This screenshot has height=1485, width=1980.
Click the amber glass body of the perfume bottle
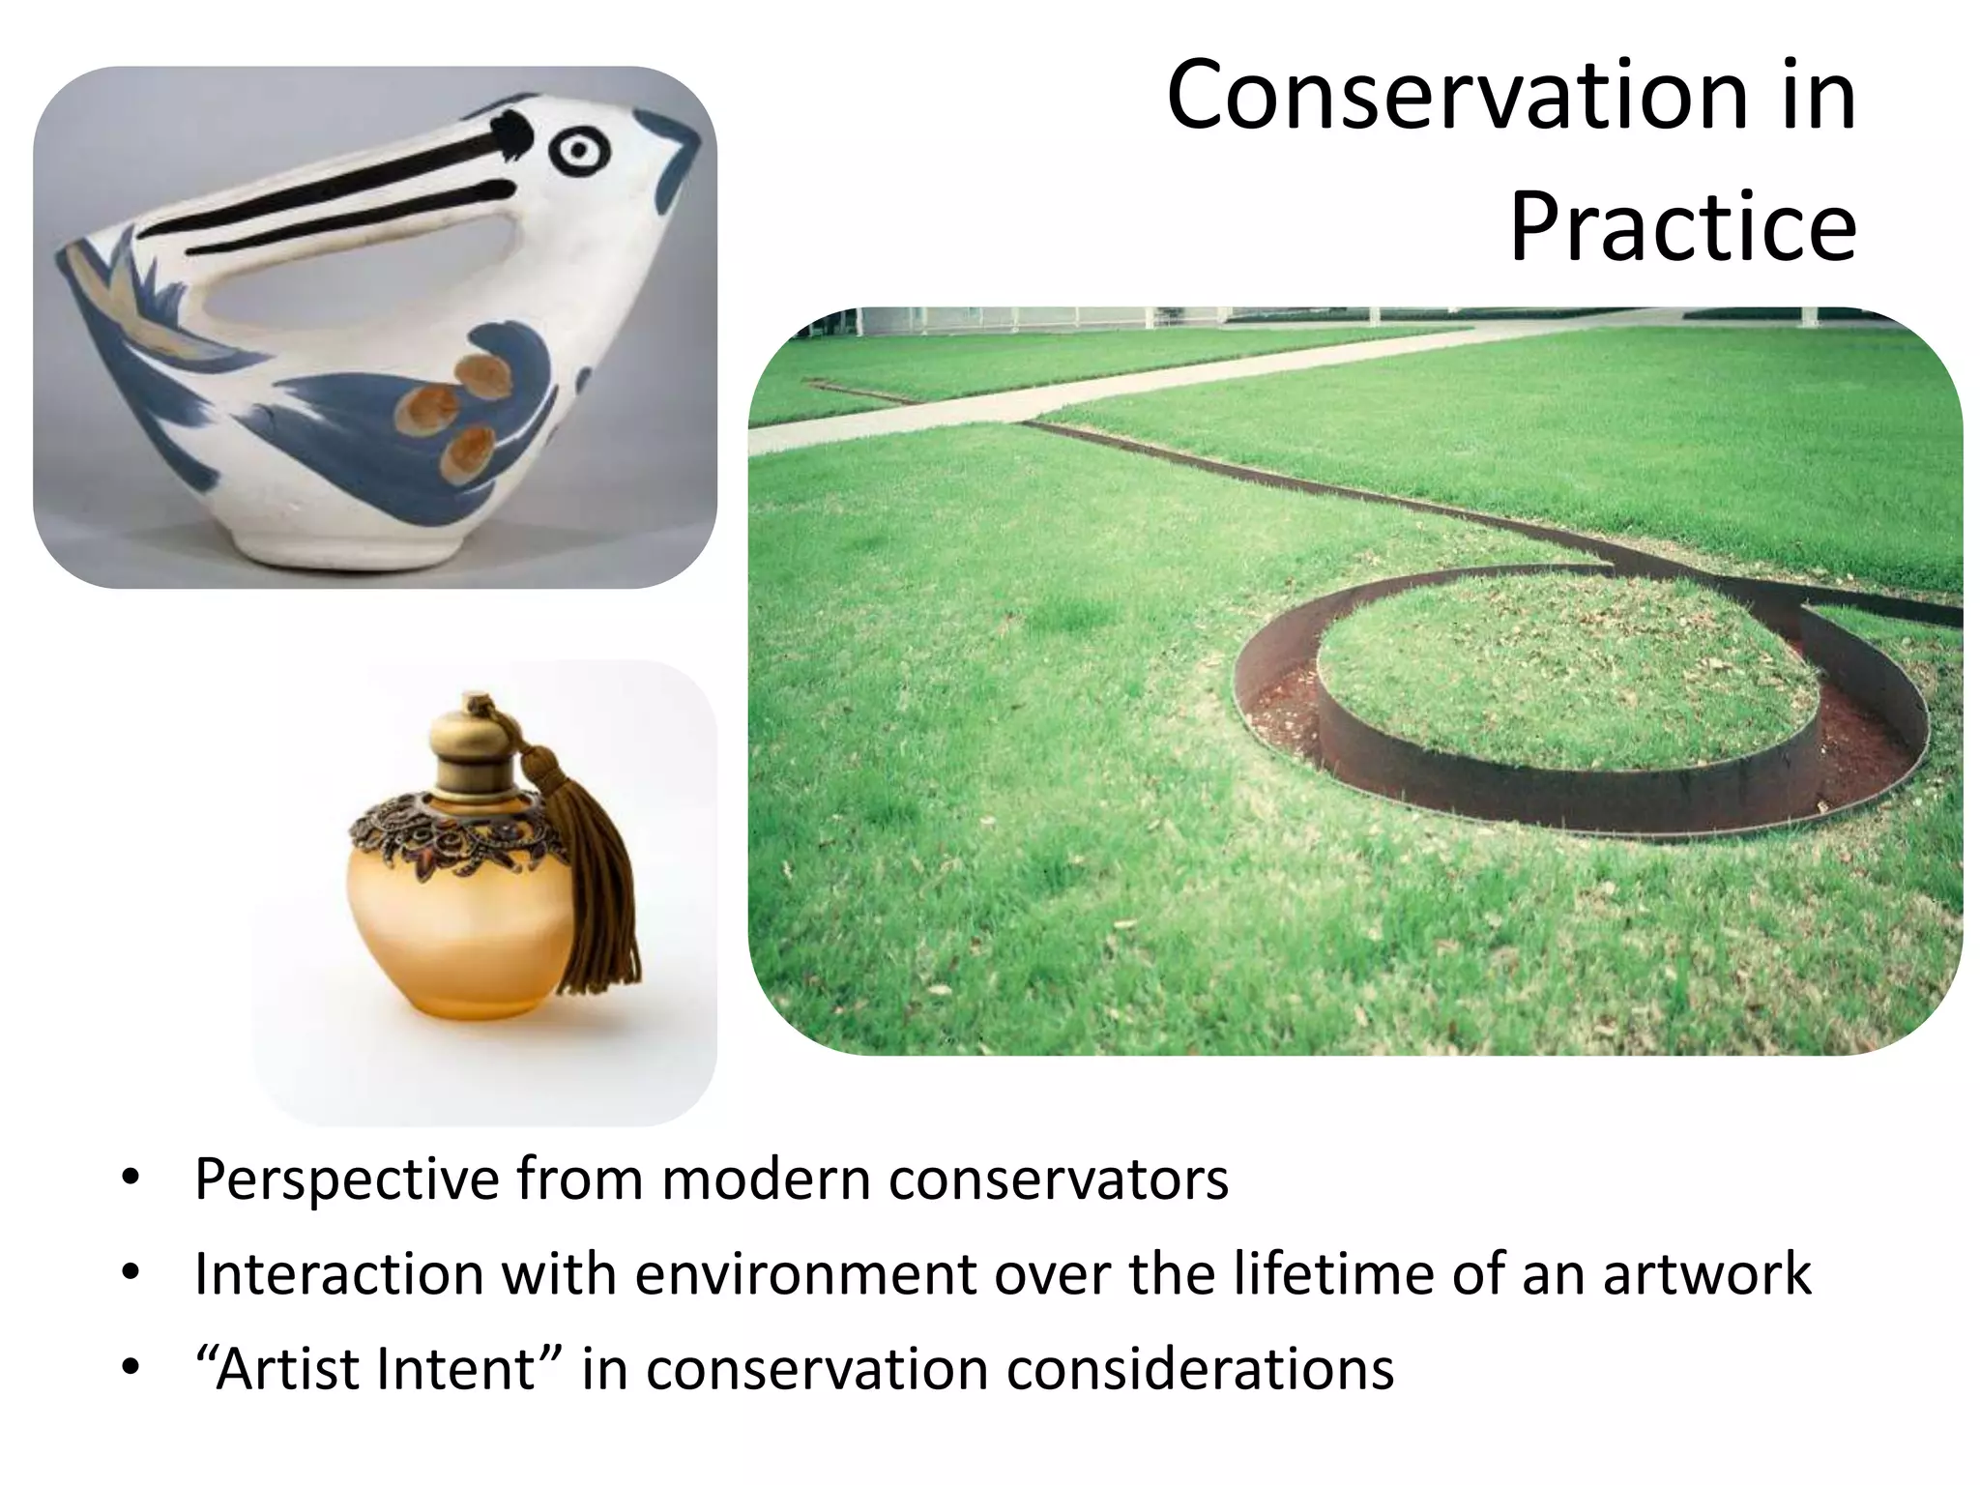tap(454, 928)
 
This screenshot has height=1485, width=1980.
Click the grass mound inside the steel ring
tap(1566, 667)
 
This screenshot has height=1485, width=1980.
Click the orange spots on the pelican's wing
tap(454, 406)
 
